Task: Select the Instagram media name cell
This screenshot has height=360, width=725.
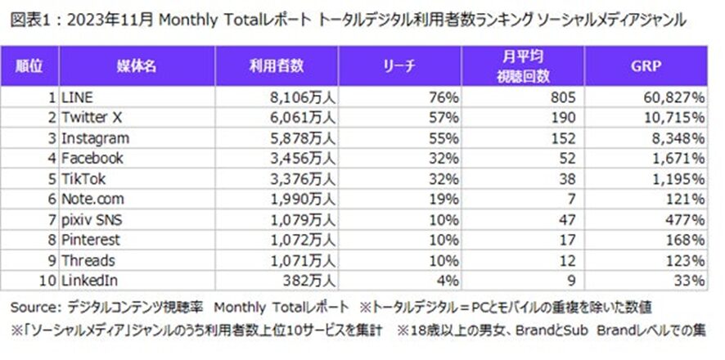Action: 95,138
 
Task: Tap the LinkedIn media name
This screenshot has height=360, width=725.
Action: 88,281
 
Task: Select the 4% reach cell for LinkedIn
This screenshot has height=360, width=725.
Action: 448,281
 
